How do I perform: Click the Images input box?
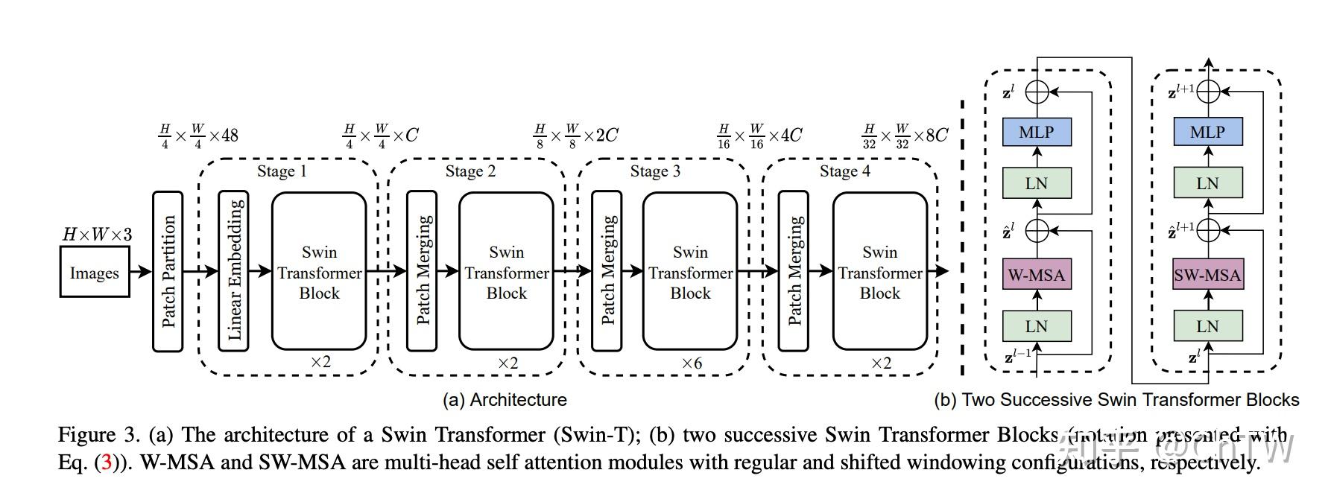pos(94,273)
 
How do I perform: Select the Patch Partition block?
pos(168,271)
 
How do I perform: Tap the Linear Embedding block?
pos(233,271)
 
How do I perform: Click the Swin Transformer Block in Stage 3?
pos(690,271)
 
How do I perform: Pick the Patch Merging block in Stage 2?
pos(422,271)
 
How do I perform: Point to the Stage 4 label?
pos(844,171)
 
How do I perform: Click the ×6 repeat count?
pos(692,363)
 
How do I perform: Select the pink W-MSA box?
pos(1037,275)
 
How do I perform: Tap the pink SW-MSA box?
pos(1207,275)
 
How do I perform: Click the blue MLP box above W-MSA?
pos(1037,132)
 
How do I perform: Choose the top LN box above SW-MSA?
pos(1207,183)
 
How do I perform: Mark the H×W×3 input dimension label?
pos(97,235)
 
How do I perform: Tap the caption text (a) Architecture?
pos(505,400)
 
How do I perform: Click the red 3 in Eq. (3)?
pos(107,463)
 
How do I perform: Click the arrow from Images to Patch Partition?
pos(141,272)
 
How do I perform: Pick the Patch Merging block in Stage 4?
pos(793,271)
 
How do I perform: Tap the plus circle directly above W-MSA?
pos(1037,231)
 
